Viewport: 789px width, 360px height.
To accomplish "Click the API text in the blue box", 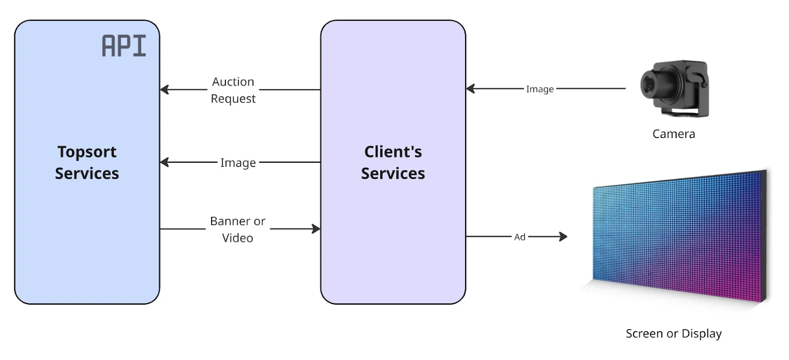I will pos(124,46).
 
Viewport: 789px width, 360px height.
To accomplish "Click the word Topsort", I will pos(87,152).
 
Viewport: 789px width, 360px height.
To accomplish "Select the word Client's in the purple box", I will pos(393,152).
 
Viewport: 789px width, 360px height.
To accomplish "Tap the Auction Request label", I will pos(233,90).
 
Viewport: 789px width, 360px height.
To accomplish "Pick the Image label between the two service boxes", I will pos(238,163).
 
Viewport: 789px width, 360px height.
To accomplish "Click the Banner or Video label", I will pos(237,229).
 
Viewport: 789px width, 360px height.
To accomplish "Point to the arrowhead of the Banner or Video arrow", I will pos(316,229).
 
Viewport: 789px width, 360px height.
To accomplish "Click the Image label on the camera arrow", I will pos(539,89).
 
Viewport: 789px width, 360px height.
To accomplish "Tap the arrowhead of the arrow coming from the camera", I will pos(470,89).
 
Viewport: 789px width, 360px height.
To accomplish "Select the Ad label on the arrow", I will pos(519,237).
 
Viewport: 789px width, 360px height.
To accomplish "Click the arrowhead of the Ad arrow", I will pos(563,237).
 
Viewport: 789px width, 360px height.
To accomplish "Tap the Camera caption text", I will pos(673,134).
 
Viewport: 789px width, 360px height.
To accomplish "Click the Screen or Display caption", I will pos(673,334).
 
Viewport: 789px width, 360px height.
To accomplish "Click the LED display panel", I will pos(678,237).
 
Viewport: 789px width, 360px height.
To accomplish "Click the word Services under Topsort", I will pos(87,174).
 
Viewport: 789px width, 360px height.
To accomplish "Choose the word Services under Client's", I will pos(393,174).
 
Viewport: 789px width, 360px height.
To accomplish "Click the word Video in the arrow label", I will pos(237,238).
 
